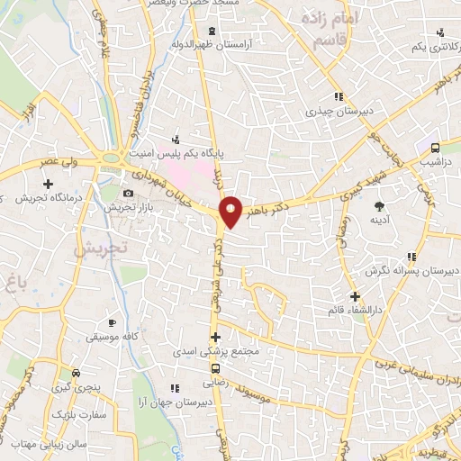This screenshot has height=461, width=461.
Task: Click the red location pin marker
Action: [231, 212]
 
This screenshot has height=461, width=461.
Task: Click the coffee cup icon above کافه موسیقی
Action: [112, 322]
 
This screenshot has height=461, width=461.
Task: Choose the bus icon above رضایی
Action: [214, 368]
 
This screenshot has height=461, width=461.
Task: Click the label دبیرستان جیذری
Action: [333, 112]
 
